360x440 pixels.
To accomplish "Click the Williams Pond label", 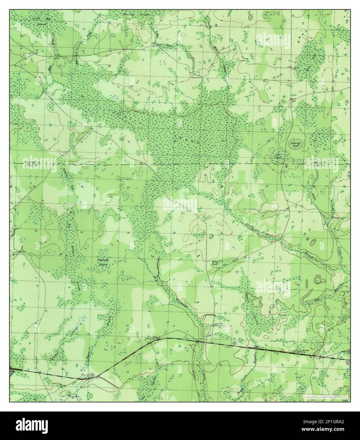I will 296,144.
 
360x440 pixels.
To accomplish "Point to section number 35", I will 174,233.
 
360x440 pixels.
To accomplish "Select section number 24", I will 222,141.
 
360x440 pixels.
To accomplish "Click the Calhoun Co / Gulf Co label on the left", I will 31,164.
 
